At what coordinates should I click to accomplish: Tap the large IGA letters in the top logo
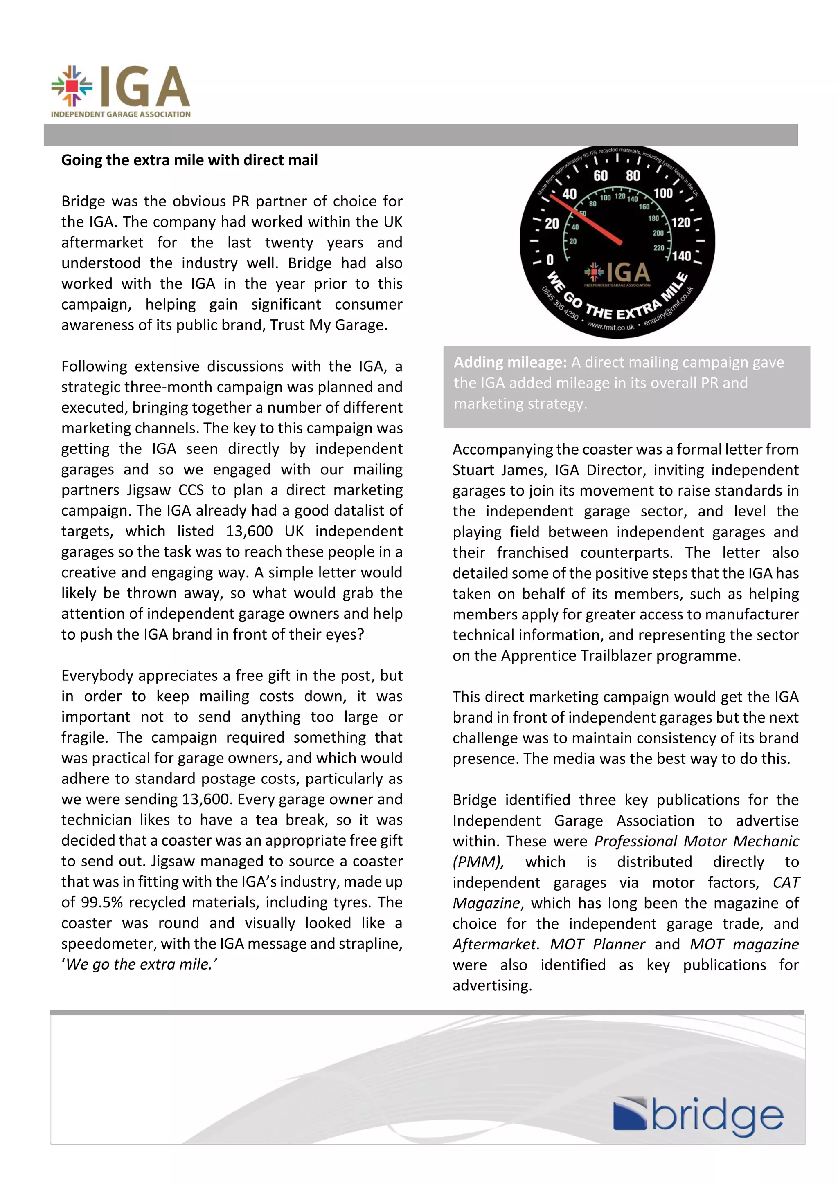(x=144, y=86)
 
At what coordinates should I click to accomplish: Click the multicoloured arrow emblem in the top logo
(x=72, y=86)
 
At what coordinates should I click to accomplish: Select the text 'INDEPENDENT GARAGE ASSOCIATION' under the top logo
(x=120, y=114)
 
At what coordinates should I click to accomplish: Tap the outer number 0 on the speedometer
(x=550, y=260)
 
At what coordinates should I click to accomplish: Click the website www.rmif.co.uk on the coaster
(x=610, y=327)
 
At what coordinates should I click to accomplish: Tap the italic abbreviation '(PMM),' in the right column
(x=478, y=862)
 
